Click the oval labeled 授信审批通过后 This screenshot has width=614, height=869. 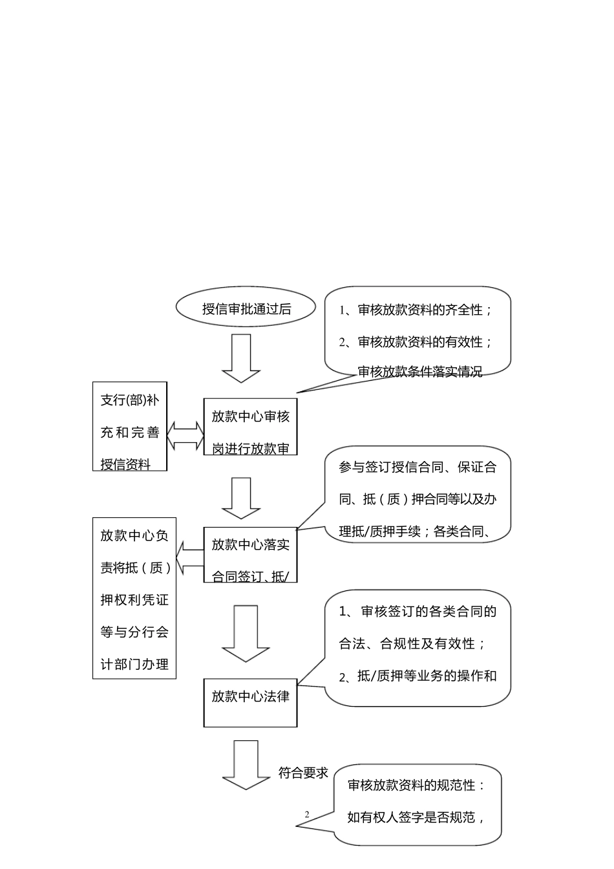[246, 308]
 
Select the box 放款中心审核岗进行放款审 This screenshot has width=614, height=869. [250, 427]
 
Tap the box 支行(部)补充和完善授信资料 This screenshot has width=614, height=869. [130, 427]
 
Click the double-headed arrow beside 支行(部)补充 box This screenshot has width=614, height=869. [185, 436]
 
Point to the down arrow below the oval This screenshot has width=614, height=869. [241, 358]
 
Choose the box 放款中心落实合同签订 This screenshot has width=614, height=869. [250, 555]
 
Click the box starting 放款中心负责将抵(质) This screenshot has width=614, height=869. [134, 598]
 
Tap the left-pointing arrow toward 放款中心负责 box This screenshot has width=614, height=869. [189, 559]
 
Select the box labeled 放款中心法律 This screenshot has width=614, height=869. [250, 702]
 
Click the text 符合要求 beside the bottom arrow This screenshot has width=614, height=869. [303, 773]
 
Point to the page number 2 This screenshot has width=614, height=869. [307, 815]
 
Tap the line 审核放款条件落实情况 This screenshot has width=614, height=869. [419, 372]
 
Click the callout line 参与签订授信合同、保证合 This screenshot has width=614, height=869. [418, 467]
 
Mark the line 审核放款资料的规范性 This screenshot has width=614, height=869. [416, 785]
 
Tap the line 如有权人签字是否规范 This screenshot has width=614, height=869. [416, 817]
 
